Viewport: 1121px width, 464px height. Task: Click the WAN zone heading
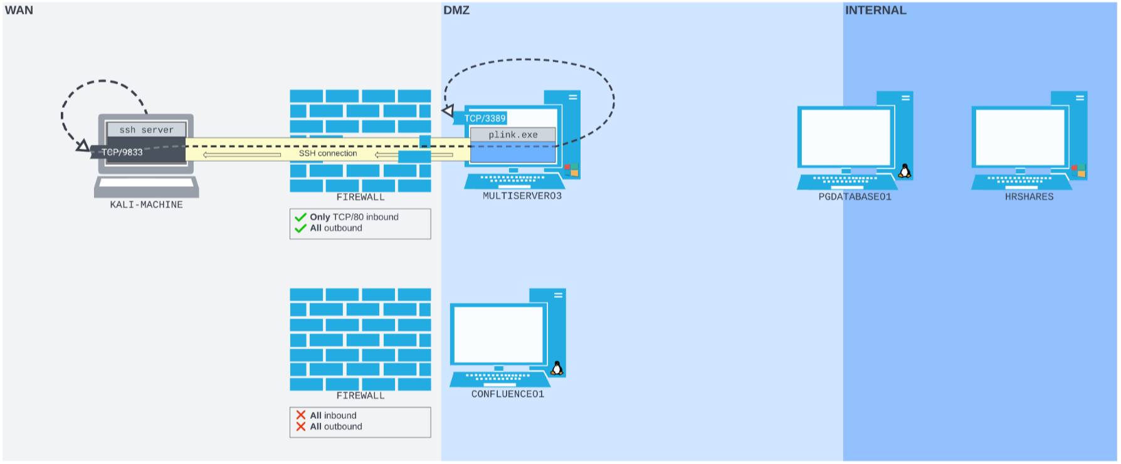point(19,11)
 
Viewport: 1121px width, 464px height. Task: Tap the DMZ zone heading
point(456,11)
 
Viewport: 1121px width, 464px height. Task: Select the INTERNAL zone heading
point(875,11)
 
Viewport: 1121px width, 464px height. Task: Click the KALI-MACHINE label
point(146,205)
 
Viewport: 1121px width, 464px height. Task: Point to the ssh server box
point(146,130)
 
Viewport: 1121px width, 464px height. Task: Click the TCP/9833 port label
point(122,152)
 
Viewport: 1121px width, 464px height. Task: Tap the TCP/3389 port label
point(485,119)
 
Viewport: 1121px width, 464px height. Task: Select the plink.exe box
point(513,135)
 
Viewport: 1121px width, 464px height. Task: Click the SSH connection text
point(328,154)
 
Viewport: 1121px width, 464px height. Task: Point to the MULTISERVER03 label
point(522,196)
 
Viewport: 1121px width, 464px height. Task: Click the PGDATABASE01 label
point(855,197)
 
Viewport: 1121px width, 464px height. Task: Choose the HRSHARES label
point(1029,197)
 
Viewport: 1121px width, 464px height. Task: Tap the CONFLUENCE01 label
point(507,394)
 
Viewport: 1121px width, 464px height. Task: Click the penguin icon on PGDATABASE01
point(905,171)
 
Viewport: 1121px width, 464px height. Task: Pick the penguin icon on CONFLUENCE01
point(557,369)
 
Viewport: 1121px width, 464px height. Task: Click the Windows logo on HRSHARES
point(1078,171)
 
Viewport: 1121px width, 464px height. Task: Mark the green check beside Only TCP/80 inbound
point(300,218)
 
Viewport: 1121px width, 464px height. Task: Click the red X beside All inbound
point(301,415)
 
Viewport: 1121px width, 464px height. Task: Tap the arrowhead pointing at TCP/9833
point(83,146)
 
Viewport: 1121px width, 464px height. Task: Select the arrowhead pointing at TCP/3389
point(448,111)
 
